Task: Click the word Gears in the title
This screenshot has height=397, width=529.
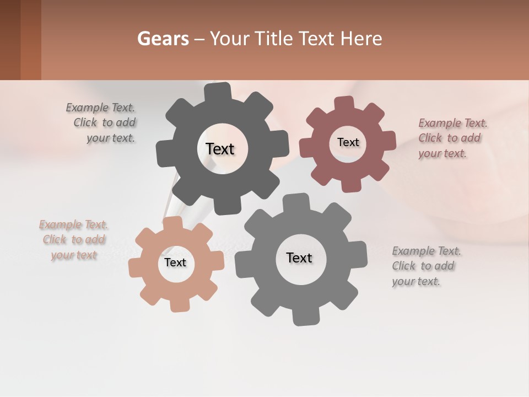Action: [163, 39]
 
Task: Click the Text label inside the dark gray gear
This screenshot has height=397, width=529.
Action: [220, 149]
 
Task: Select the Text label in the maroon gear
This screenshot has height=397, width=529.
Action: [348, 142]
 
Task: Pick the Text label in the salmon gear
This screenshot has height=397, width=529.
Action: [175, 262]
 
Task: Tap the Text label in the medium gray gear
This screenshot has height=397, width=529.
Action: [299, 257]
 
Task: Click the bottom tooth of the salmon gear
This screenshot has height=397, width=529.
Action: [179, 304]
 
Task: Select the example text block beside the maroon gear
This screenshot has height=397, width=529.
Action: [452, 138]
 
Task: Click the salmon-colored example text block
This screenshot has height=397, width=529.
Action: [74, 239]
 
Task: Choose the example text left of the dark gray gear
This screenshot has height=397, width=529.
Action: [102, 122]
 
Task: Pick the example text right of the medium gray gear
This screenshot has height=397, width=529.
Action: [425, 266]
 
